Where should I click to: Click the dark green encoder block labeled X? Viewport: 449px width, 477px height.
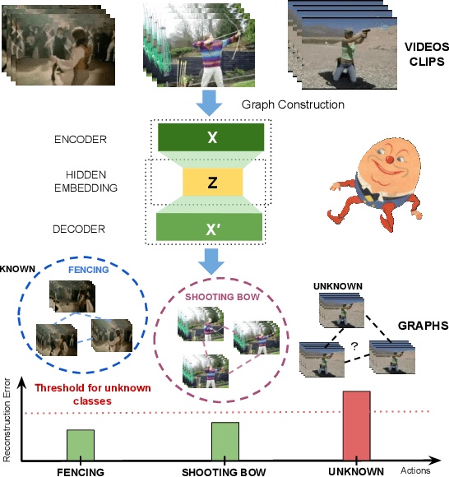[211, 137]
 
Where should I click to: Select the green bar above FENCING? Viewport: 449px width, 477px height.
[80, 445]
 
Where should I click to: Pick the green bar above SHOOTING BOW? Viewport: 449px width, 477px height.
[225, 441]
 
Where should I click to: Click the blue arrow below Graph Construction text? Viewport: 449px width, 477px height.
[211, 103]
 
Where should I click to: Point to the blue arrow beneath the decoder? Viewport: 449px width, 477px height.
[211, 261]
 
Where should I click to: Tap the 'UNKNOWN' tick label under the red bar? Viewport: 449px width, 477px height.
[354, 472]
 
